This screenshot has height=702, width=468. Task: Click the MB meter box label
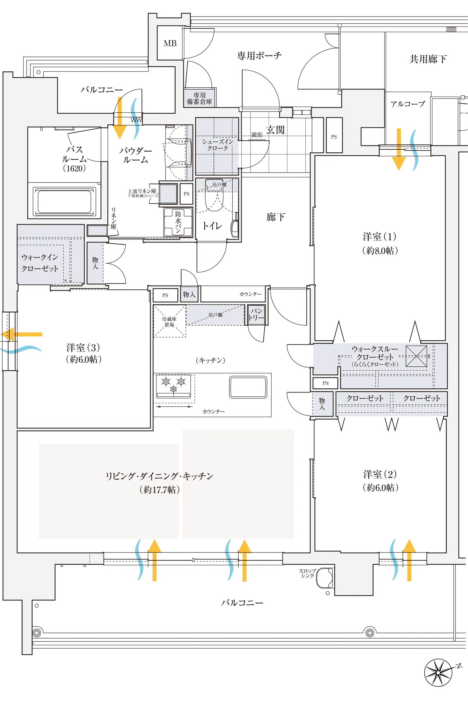(x=170, y=44)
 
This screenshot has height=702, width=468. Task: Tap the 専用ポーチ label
(x=259, y=56)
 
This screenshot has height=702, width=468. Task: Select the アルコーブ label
(x=408, y=104)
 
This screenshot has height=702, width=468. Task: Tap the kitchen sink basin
(x=248, y=387)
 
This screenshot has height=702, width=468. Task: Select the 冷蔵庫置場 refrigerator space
(x=169, y=321)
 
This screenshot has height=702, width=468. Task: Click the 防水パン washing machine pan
(x=178, y=222)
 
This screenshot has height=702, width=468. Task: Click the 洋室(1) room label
(x=380, y=237)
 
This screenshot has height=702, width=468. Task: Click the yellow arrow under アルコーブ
(x=399, y=149)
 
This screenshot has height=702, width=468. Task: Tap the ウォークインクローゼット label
(x=40, y=263)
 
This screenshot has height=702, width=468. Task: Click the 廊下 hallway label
(x=275, y=217)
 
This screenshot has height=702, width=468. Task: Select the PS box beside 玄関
(x=334, y=137)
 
